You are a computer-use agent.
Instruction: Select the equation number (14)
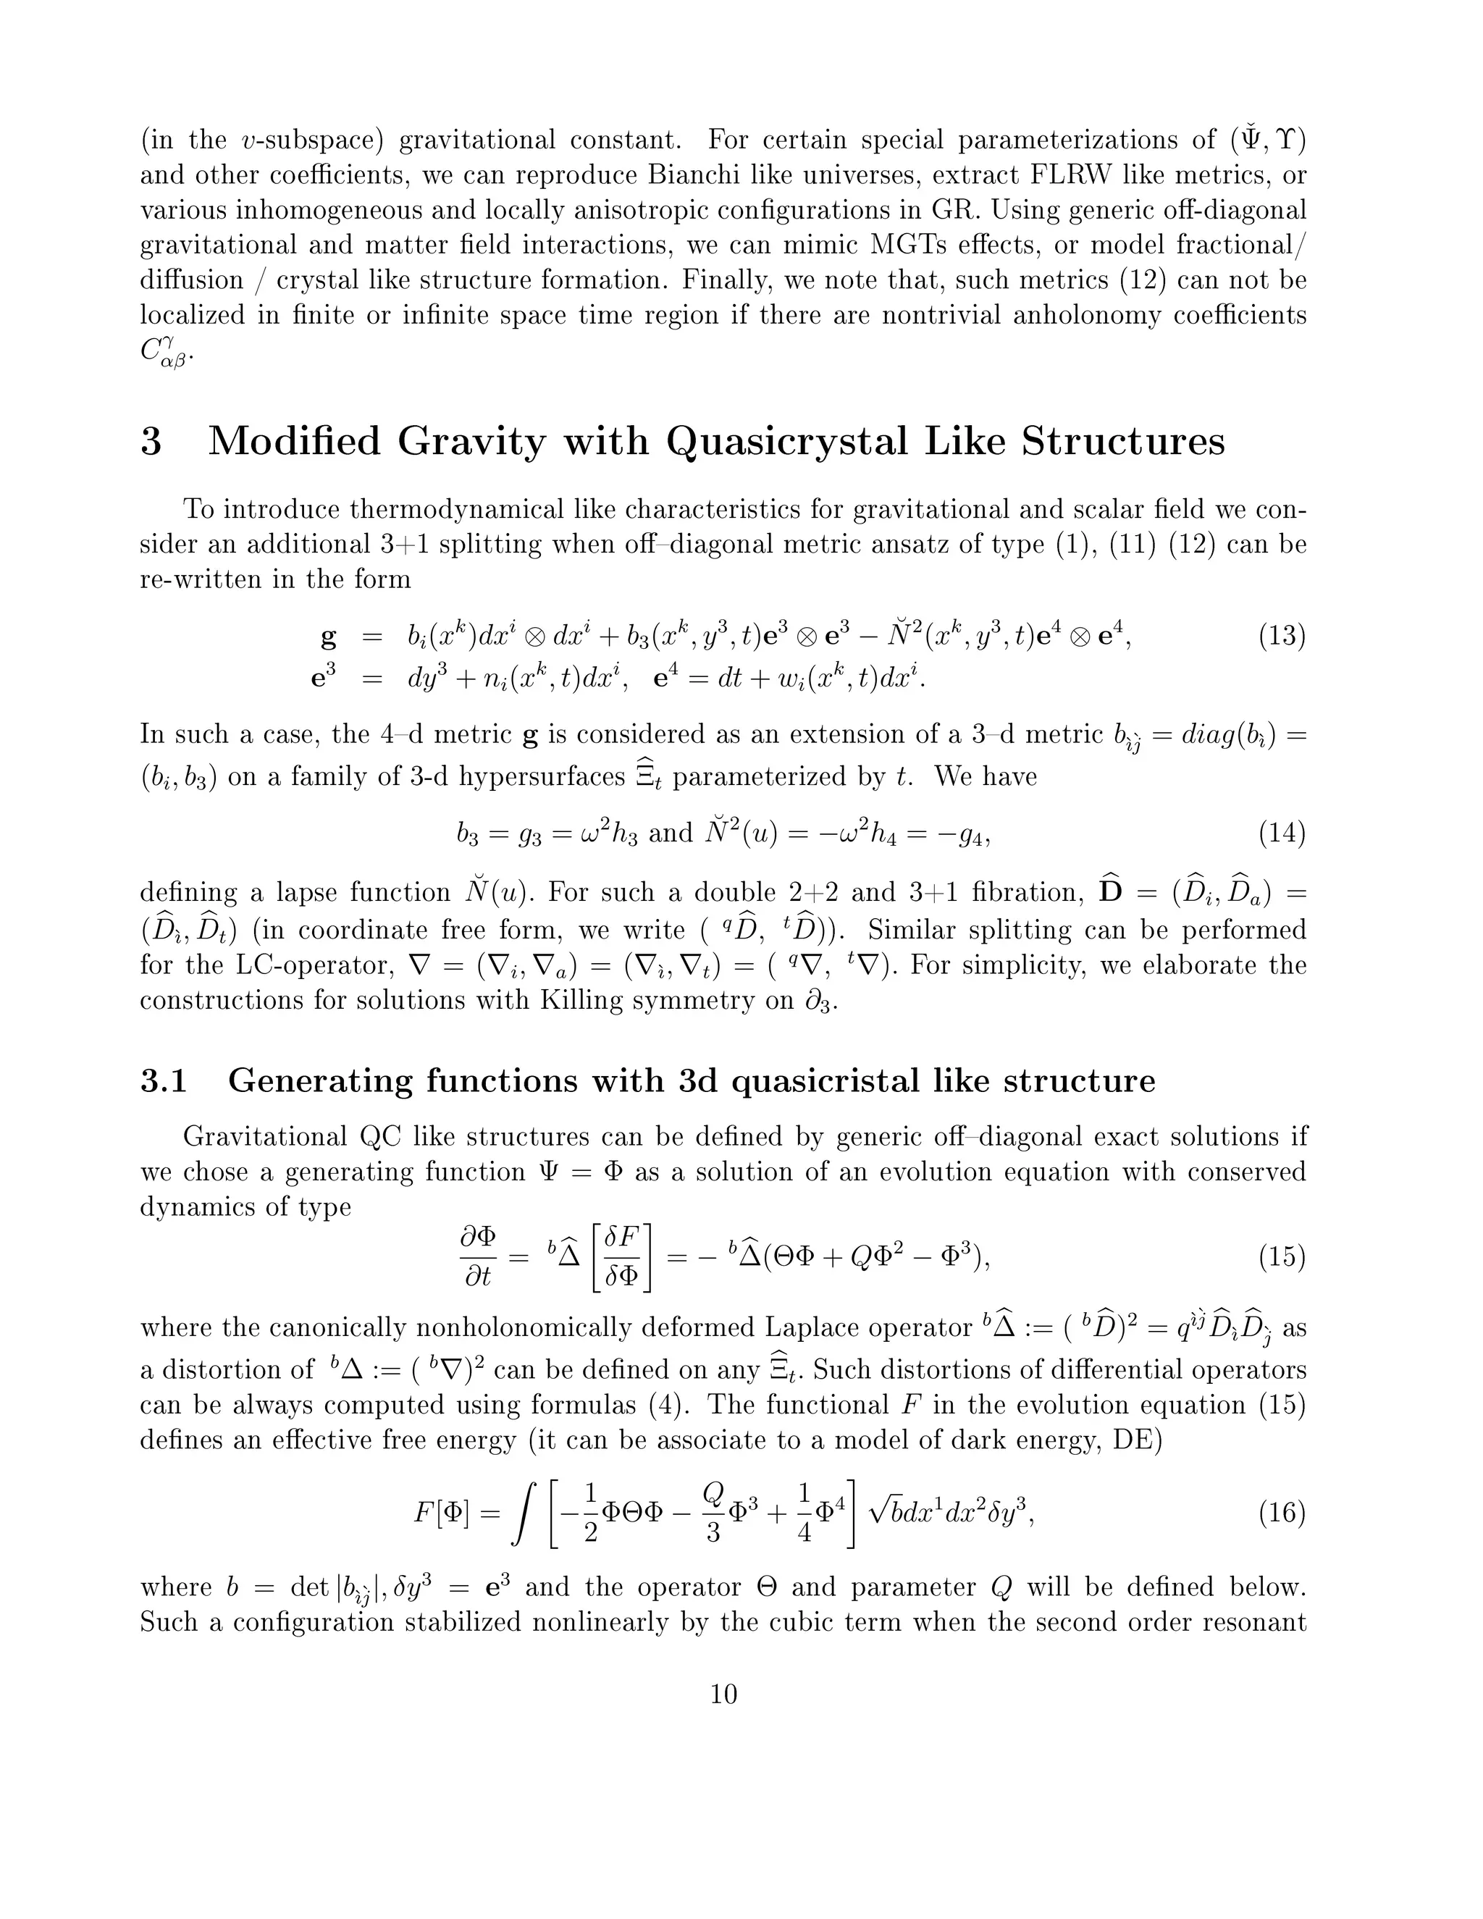tap(1282, 832)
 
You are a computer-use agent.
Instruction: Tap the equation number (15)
tap(1282, 1257)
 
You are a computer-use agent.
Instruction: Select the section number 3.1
tap(164, 1080)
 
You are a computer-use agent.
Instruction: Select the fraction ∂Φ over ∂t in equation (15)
tap(478, 1257)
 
